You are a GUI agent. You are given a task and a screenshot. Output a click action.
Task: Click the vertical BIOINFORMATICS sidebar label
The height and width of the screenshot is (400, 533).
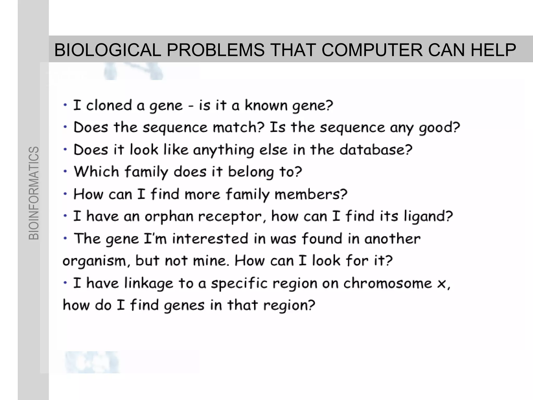pyautogui.click(x=34, y=193)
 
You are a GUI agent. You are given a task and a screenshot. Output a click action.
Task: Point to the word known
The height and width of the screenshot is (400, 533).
pyautogui.click(x=266, y=105)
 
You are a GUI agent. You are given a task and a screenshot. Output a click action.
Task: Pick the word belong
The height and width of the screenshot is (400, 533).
pyautogui.click(x=251, y=172)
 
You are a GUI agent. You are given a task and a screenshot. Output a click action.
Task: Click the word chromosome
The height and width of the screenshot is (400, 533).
pyautogui.click(x=388, y=283)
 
